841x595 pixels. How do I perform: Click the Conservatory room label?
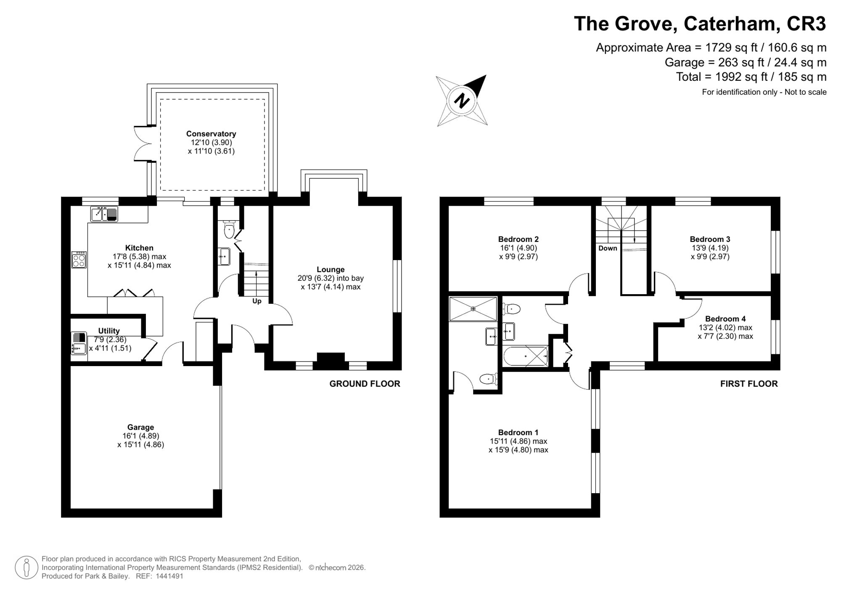point(211,134)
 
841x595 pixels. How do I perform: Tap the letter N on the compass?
point(463,101)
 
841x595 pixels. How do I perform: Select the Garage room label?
point(140,427)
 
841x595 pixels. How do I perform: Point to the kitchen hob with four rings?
point(79,260)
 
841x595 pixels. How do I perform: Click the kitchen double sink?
point(104,214)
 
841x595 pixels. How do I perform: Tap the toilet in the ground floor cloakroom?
point(229,229)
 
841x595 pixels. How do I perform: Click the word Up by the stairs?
point(257,301)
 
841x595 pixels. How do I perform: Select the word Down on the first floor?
point(608,248)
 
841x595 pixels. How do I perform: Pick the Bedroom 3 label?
point(710,239)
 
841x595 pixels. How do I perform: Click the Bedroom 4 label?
point(725,319)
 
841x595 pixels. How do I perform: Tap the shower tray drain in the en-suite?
point(473,309)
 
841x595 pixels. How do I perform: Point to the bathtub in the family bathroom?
point(526,356)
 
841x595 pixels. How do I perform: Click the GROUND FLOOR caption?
point(365,384)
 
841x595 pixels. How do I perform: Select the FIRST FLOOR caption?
point(749,384)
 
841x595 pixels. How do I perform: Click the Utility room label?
point(109,331)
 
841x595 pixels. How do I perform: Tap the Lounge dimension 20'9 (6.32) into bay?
point(331,278)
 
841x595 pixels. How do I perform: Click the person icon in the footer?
point(27,567)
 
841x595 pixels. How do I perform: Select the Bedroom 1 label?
point(518,433)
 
